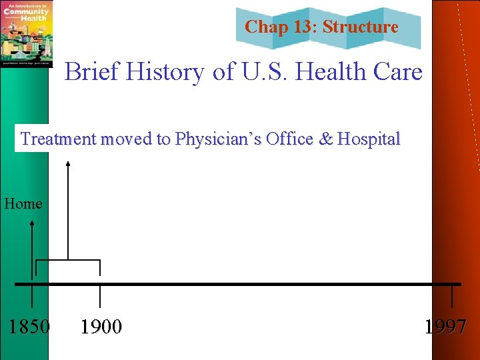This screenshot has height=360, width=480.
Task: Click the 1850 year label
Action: pyautogui.click(x=29, y=327)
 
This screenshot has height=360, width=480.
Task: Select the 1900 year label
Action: pyautogui.click(x=101, y=327)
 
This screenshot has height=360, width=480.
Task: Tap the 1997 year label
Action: pyautogui.click(x=445, y=327)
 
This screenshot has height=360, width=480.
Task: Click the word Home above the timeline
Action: pyautogui.click(x=23, y=203)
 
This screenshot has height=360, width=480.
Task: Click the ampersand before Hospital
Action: pyautogui.click(x=327, y=139)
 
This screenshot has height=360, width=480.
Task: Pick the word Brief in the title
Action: pyautogui.click(x=87, y=72)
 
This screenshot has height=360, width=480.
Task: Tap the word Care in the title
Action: pyautogui.click(x=398, y=72)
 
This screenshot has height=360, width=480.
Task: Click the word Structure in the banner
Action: pyautogui.click(x=361, y=27)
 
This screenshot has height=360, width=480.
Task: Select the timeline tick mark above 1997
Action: pyautogui.click(x=453, y=296)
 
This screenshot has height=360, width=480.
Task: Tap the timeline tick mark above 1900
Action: pyautogui.click(x=100, y=296)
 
